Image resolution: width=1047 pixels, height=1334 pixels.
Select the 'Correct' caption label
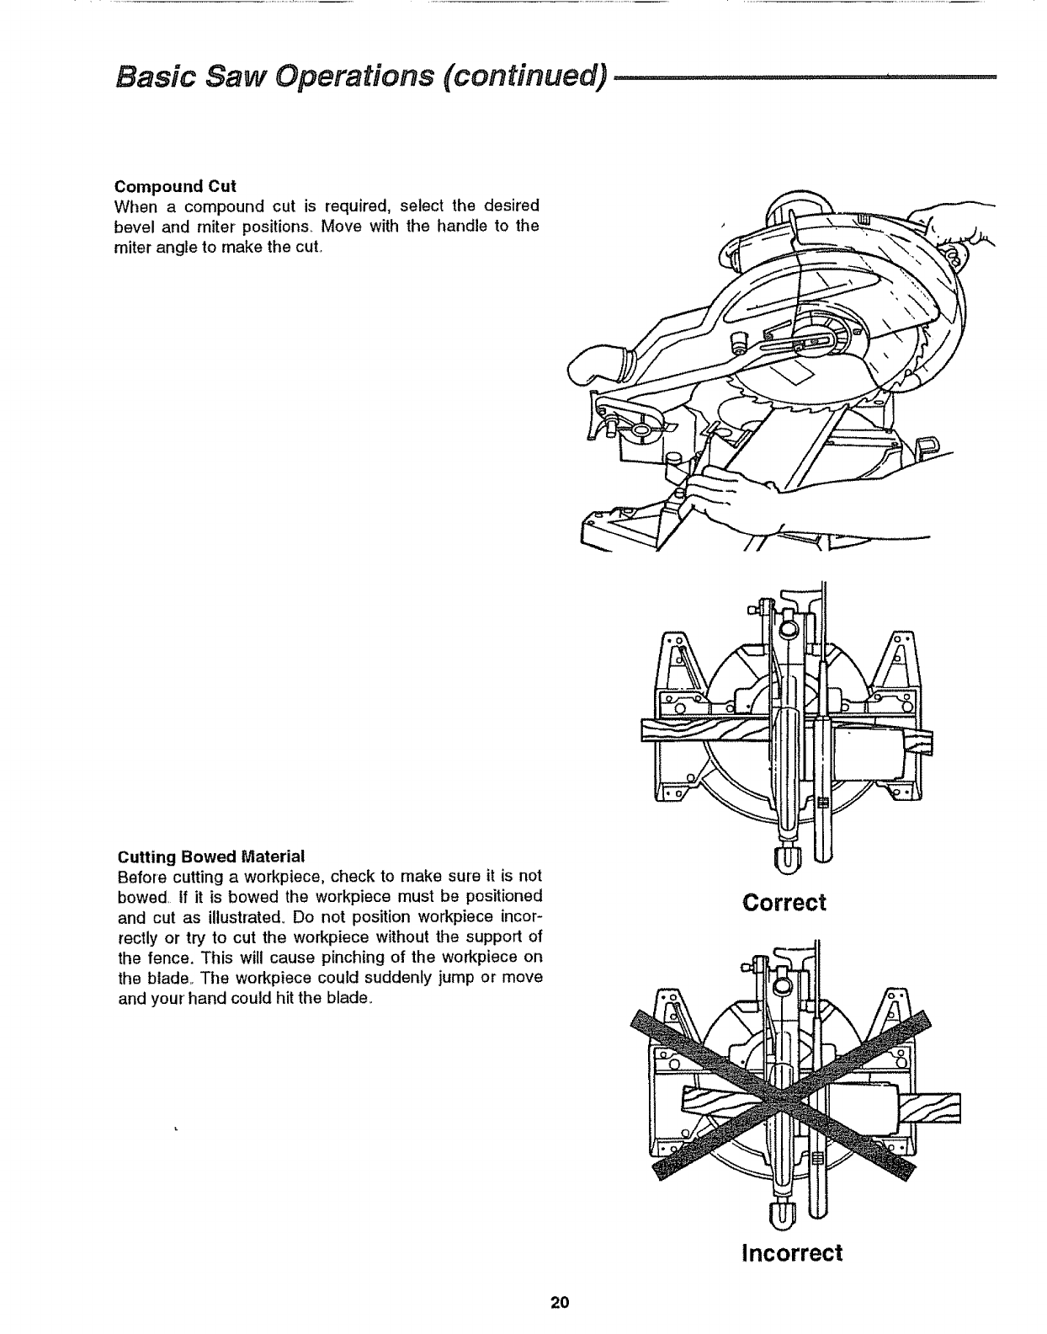coord(784,903)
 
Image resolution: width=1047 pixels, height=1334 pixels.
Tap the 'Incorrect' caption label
coord(791,1252)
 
